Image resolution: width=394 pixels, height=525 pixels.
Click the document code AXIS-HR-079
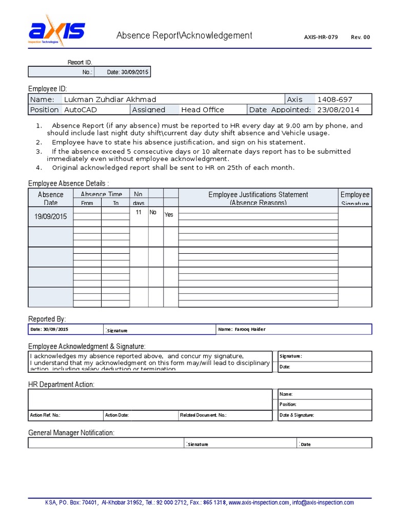(x=321, y=37)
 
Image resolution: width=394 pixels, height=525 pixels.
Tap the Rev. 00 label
(x=360, y=37)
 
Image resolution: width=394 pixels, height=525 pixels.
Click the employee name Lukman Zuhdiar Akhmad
(x=110, y=99)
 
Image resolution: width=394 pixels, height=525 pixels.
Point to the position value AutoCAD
(x=81, y=110)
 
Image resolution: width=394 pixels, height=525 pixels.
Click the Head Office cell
(x=202, y=110)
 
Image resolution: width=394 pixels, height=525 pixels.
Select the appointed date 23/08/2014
(x=338, y=110)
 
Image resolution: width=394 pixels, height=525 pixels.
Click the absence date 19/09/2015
(x=50, y=217)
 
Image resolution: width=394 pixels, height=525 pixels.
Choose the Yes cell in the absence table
(x=169, y=215)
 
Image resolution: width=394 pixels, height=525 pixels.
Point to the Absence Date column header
(x=50, y=198)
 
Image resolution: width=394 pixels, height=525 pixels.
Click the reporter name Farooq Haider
(x=249, y=329)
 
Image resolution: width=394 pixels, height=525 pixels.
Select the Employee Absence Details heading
(x=68, y=184)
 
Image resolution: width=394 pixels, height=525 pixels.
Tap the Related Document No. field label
(x=203, y=415)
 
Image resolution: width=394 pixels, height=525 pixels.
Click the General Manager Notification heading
(x=71, y=433)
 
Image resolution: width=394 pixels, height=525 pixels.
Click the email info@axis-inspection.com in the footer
(x=324, y=502)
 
